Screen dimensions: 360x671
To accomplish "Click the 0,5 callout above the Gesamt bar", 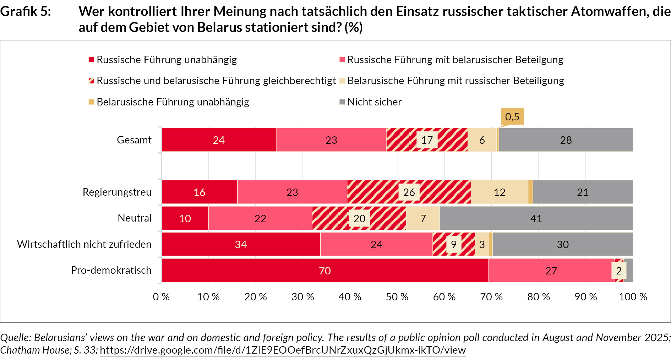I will (x=512, y=117).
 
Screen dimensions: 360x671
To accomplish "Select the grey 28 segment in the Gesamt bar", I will (x=566, y=140).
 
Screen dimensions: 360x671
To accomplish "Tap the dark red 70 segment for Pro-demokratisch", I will (x=324, y=271).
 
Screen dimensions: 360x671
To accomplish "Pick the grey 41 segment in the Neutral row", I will (x=536, y=218).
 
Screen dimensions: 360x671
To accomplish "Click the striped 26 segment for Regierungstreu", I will (x=409, y=192).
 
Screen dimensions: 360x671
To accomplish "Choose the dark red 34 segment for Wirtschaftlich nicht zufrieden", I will (x=241, y=244).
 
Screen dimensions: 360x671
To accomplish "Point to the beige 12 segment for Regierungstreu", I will (x=499, y=192).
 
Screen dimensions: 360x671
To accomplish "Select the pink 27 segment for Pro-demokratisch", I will (x=551, y=271).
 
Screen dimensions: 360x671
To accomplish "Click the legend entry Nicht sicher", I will (x=374, y=102).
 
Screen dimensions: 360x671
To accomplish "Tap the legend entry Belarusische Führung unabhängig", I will (x=173, y=102).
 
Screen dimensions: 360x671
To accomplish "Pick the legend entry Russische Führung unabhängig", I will (x=167, y=60).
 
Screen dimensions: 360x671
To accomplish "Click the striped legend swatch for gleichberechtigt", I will (x=92, y=81).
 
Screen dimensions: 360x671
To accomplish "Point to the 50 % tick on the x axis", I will (x=397, y=297).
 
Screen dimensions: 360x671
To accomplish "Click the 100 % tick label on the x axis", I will (x=633, y=297).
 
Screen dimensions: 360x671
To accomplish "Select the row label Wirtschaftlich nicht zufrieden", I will (x=84, y=244).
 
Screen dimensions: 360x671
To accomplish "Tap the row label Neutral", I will (x=135, y=218).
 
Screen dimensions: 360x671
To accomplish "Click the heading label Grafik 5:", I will (x=26, y=12).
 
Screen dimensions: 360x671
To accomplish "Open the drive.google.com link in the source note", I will (x=283, y=350).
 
